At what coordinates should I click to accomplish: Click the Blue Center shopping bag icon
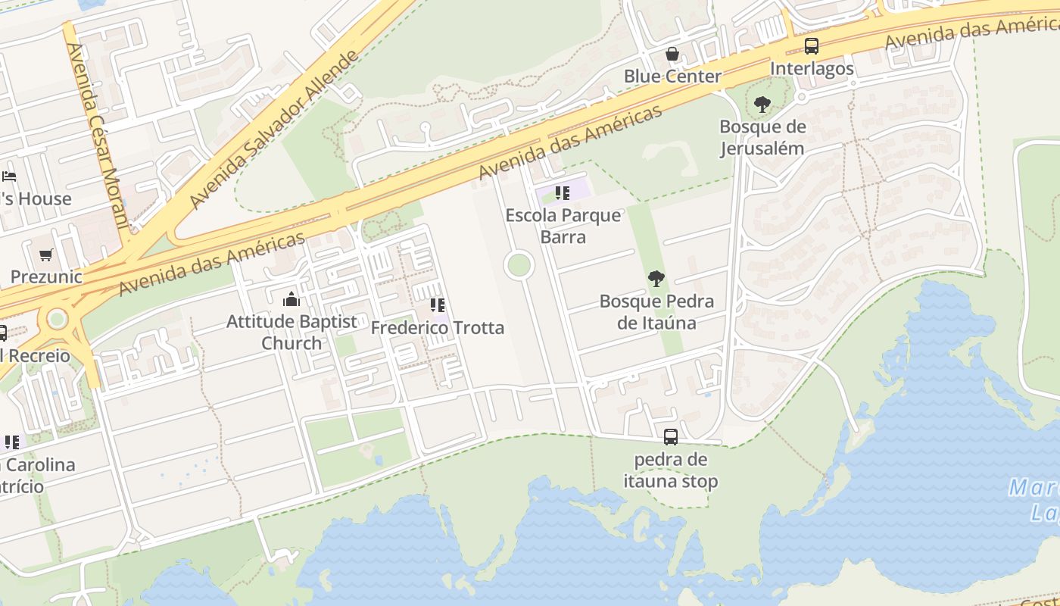[x=672, y=54]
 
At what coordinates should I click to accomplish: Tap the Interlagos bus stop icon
[x=812, y=46]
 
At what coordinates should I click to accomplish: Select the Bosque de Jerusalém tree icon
[x=762, y=105]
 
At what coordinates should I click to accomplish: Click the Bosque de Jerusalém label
[x=762, y=137]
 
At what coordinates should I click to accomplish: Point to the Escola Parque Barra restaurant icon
[x=562, y=193]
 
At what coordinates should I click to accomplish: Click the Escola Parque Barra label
[x=563, y=226]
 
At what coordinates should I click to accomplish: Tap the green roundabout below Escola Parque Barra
[x=519, y=265]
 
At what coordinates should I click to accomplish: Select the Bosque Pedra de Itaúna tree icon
[x=656, y=279]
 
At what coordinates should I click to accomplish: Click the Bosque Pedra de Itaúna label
[x=656, y=312]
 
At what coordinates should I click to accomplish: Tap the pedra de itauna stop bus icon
[x=671, y=437]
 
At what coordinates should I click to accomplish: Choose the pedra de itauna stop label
[x=671, y=470]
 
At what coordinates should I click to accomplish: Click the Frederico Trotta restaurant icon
[x=437, y=305]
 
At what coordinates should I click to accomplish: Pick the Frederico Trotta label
[x=437, y=328]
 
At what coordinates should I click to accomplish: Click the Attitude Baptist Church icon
[x=291, y=300]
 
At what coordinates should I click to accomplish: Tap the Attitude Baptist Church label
[x=291, y=332]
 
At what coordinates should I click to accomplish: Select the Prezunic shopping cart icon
[x=46, y=255]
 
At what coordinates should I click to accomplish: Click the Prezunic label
[x=46, y=276]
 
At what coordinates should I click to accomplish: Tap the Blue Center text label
[x=672, y=77]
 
